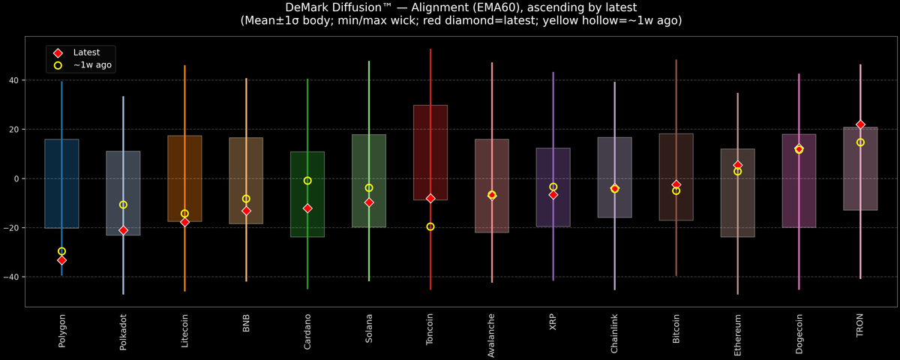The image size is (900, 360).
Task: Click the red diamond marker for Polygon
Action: [x=61, y=260]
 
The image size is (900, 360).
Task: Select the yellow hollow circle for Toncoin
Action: [x=430, y=226]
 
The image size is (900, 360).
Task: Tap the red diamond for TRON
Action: [x=860, y=124]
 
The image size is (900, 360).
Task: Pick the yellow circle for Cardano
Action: [x=307, y=181]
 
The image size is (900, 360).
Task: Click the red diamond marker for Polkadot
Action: [x=123, y=230]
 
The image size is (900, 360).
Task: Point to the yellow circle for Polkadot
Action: [x=123, y=205]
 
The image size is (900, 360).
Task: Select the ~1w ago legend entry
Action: [x=88, y=65]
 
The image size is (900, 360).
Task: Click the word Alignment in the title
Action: [x=454, y=7]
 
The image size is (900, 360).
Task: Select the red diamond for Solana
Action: [x=369, y=202]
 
